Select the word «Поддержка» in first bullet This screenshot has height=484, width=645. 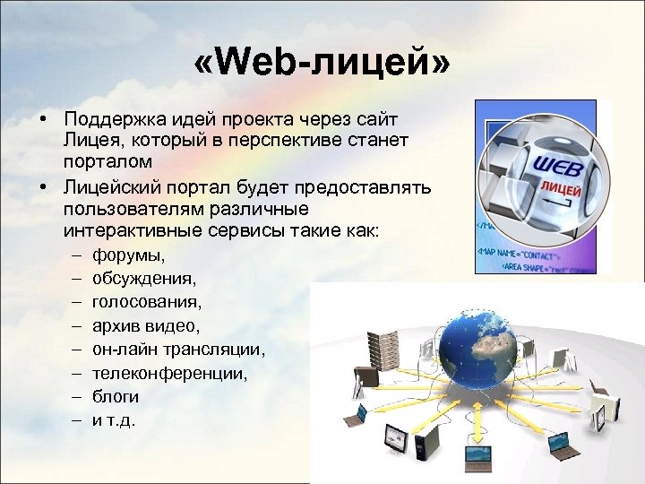[108, 119]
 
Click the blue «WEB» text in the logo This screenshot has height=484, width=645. [559, 168]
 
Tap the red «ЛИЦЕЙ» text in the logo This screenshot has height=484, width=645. [561, 191]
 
